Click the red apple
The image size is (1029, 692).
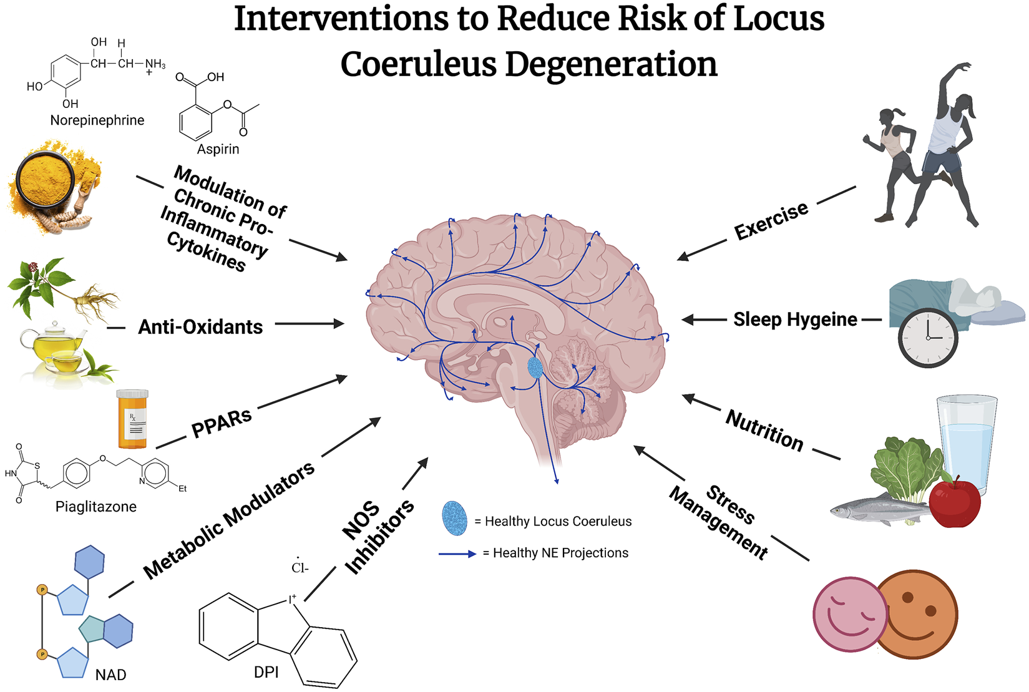[x=954, y=502]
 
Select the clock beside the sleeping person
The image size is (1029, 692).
[x=927, y=338]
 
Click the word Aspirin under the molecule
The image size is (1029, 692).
[x=218, y=149]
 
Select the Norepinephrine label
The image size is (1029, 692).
[x=97, y=120]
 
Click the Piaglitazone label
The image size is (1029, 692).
[x=95, y=507]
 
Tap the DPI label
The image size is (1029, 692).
[x=266, y=672]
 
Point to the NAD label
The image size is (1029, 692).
[x=110, y=675]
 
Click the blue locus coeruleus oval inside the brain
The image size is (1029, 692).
[x=535, y=368]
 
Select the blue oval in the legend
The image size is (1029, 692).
[x=454, y=519]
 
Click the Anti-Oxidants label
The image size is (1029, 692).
[x=200, y=327]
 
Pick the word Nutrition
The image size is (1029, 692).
[x=764, y=430]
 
